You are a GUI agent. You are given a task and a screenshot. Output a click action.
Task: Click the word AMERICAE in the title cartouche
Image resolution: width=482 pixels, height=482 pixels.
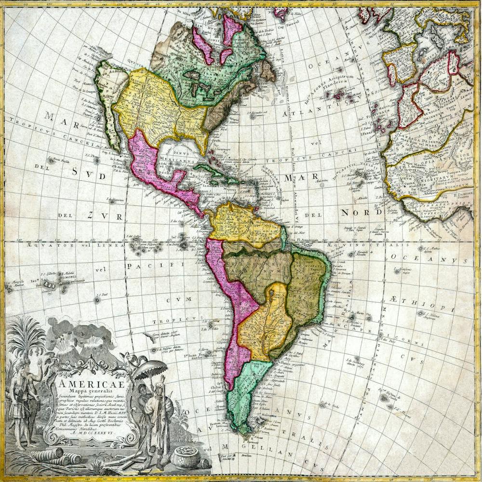[91, 384]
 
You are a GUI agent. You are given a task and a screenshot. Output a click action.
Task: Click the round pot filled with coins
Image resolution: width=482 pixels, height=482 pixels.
[186, 456]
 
